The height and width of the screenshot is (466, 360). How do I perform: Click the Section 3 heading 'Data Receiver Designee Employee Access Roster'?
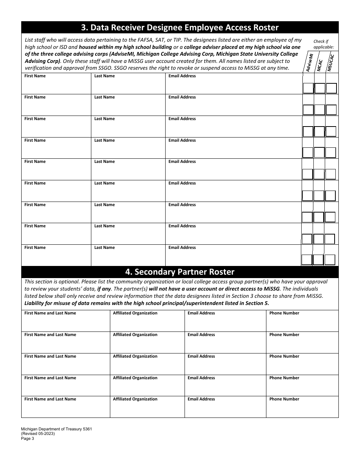click(x=180, y=28)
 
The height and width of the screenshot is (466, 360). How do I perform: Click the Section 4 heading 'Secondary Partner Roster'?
click(x=180, y=272)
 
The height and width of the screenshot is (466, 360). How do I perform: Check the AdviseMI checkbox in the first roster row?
click(x=308, y=88)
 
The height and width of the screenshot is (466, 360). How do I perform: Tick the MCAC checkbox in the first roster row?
click(x=320, y=88)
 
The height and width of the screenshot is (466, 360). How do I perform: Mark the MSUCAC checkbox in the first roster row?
click(x=332, y=88)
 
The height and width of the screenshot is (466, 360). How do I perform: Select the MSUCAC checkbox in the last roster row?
click(x=330, y=260)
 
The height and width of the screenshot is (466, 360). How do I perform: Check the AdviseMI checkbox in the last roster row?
click(x=307, y=260)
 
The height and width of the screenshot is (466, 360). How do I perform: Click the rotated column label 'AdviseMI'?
click(x=309, y=63)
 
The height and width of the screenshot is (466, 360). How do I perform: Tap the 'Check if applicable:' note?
click(x=323, y=44)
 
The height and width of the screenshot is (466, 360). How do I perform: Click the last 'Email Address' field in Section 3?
click(x=233, y=258)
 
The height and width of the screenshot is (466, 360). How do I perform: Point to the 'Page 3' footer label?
click(x=28, y=439)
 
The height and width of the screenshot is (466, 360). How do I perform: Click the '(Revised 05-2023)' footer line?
click(x=38, y=434)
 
